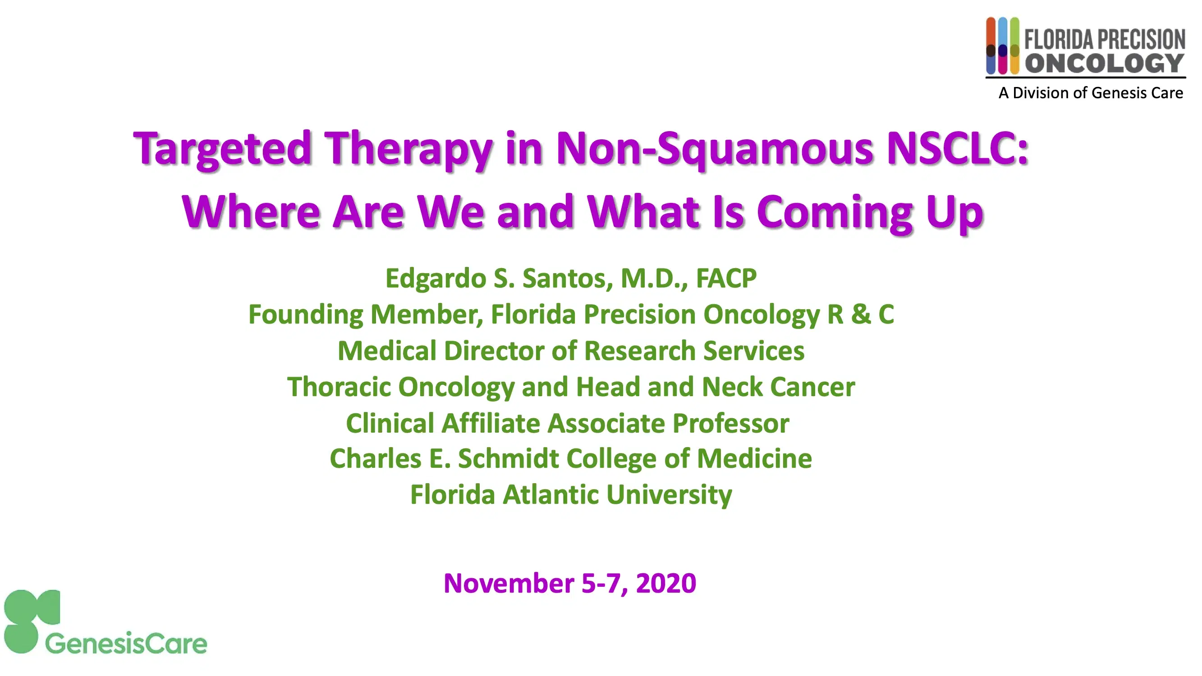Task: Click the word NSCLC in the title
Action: (x=957, y=148)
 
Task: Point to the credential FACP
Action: (x=726, y=279)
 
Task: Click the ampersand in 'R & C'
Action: (x=860, y=315)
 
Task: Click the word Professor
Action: (x=731, y=423)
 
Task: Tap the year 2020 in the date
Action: (x=666, y=583)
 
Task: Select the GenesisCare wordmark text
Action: (x=126, y=644)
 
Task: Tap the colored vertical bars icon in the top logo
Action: (x=1002, y=46)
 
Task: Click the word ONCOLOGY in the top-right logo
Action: (x=1104, y=64)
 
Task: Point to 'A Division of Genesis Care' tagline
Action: (x=1091, y=93)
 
